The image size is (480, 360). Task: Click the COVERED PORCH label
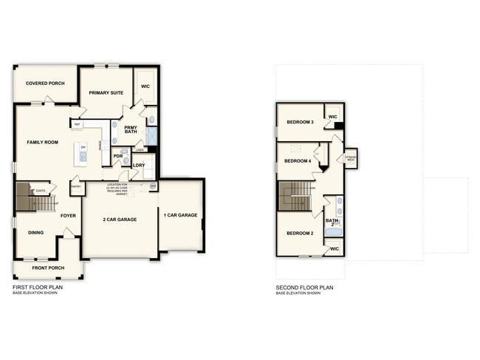(x=42, y=84)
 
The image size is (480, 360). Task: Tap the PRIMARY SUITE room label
(x=106, y=92)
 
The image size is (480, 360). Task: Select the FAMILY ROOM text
(x=43, y=141)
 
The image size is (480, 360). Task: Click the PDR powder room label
(x=117, y=157)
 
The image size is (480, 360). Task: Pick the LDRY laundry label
(x=138, y=164)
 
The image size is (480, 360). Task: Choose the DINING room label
(x=35, y=233)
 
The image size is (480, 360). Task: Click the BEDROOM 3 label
(x=300, y=122)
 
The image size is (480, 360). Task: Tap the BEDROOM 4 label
(x=297, y=160)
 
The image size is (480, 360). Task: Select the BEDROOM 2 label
(x=300, y=234)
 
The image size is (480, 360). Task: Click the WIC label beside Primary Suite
(x=145, y=86)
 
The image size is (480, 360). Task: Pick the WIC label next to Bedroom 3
(x=332, y=117)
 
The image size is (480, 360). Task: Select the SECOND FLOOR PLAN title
(x=305, y=287)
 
